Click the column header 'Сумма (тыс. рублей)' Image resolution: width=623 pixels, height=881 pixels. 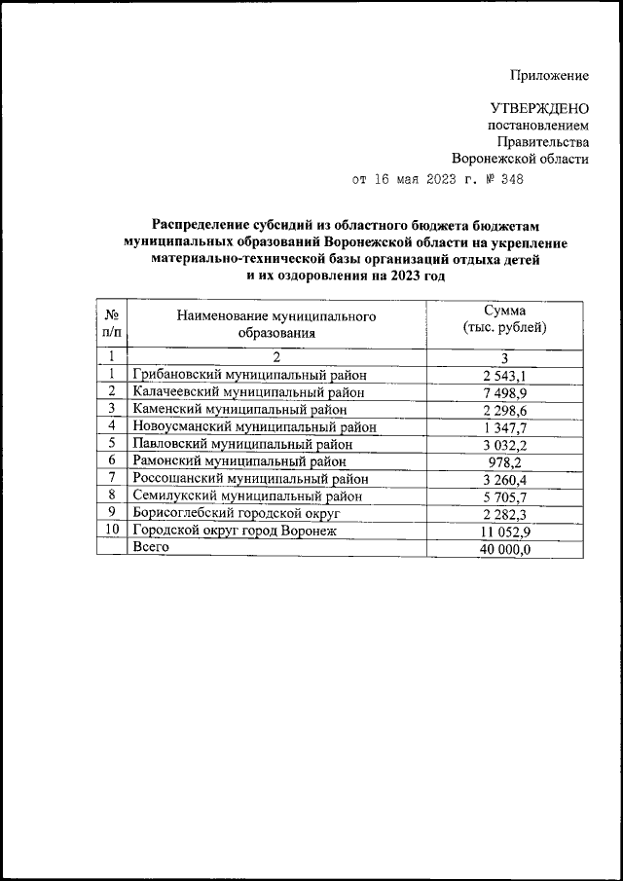click(505, 318)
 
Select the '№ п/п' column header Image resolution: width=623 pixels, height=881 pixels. click(112, 323)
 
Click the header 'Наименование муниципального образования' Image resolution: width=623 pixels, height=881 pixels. click(276, 324)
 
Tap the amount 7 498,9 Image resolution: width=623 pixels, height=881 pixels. click(506, 391)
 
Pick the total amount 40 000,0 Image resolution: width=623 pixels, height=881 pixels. click(504, 548)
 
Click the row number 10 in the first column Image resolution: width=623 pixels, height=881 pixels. click(112, 530)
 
